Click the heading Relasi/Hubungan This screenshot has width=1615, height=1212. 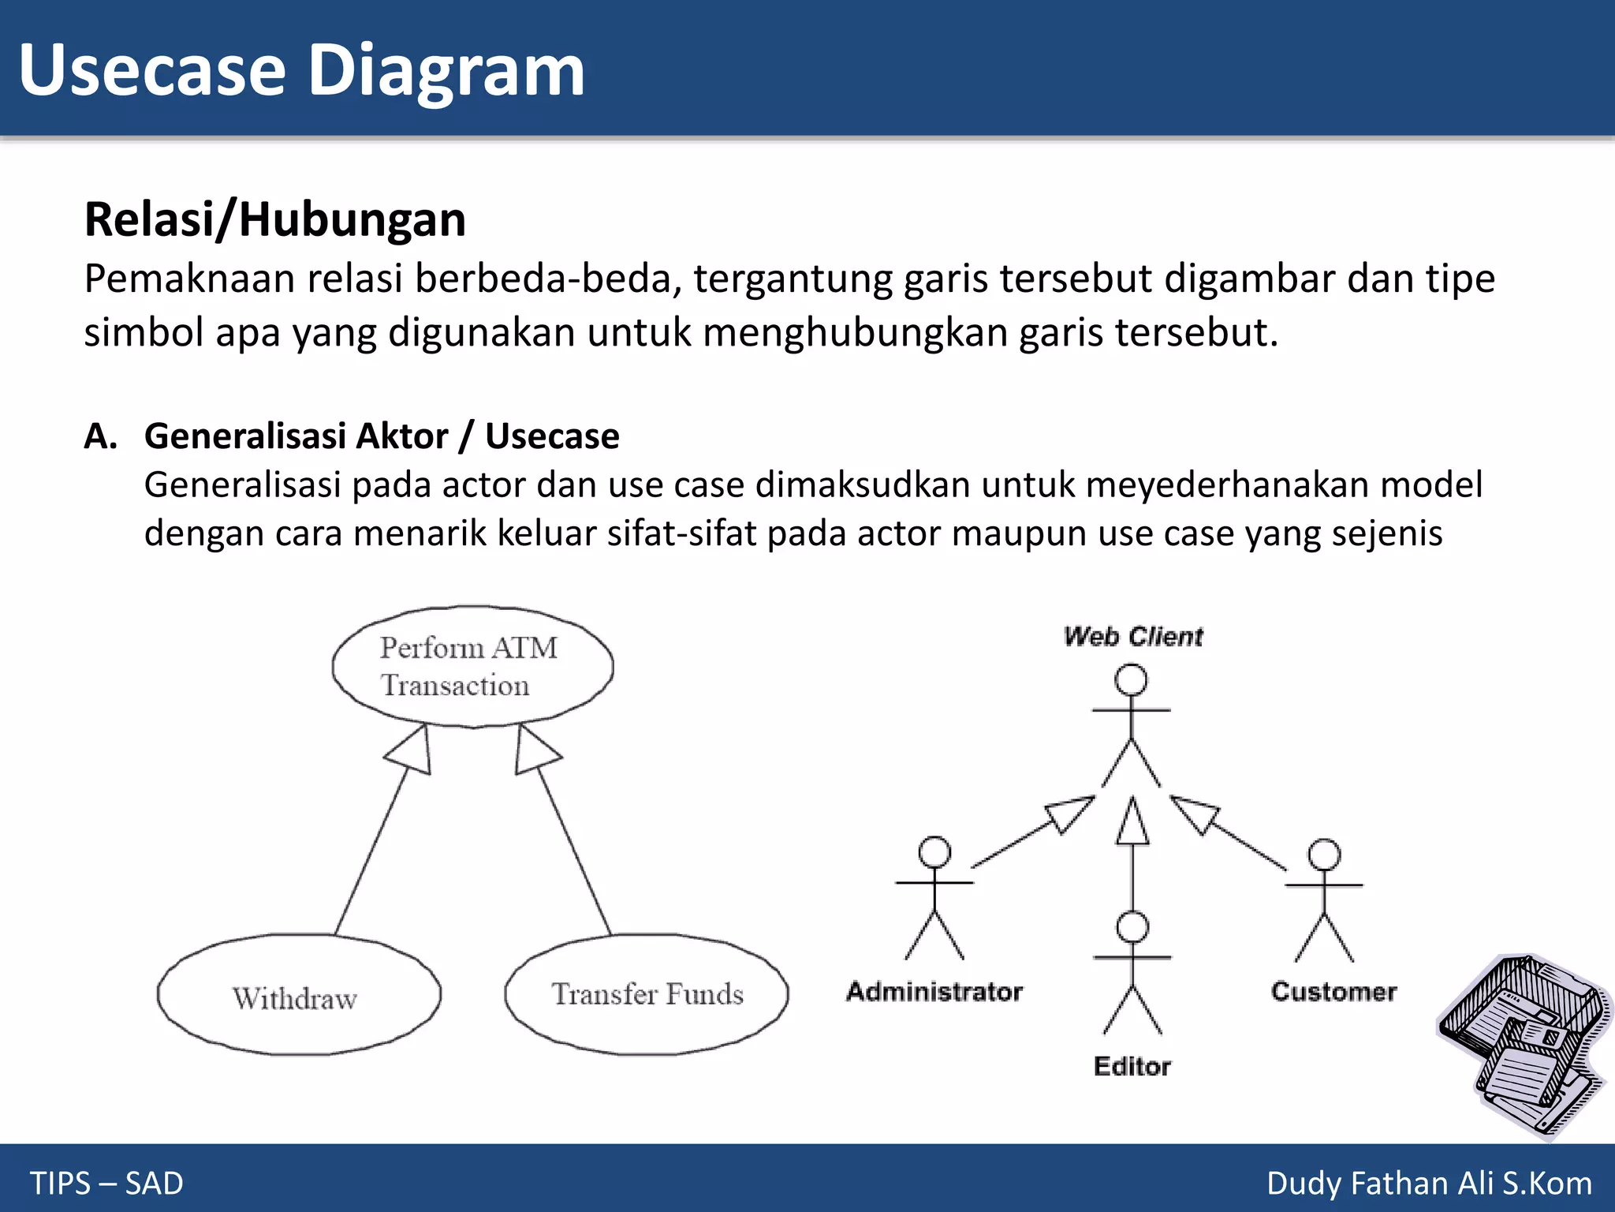pos(274,219)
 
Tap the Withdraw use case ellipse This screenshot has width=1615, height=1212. pos(298,996)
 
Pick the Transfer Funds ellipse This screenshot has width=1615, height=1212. pos(647,994)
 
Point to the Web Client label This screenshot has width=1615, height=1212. pos(1132,636)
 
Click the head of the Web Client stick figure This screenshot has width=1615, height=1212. pos(1131,680)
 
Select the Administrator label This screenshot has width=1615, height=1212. pos(934,991)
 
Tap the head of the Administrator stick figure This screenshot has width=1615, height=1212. pos(934,852)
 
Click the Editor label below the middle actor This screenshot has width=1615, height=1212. pos(1132,1066)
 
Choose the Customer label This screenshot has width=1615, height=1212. pos(1333,991)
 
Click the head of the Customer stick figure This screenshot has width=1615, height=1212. pos(1324,855)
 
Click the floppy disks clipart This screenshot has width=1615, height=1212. pos(1522,1042)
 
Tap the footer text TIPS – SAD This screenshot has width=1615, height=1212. pos(106,1183)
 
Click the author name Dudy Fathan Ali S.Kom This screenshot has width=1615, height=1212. pos(1429,1183)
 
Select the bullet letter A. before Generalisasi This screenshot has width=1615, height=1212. pos(100,436)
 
